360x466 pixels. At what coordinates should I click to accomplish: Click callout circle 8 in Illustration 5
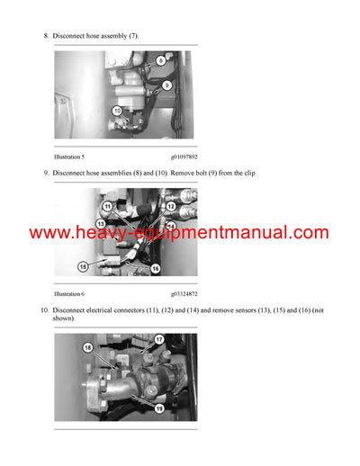tap(160, 61)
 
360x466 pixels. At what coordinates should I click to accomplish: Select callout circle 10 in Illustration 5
tap(116, 110)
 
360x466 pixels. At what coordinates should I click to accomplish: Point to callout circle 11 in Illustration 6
tap(107, 206)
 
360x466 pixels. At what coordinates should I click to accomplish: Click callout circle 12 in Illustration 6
tap(169, 206)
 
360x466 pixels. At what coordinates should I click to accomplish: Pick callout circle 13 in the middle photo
tap(101, 222)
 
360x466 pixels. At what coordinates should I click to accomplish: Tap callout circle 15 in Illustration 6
tap(83, 266)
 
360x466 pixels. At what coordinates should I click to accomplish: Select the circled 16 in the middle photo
tap(155, 267)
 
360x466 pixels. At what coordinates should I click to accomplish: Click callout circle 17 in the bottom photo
tap(158, 340)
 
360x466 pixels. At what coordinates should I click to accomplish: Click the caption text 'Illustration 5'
tap(69, 157)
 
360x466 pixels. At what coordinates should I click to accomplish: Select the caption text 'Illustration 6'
tap(69, 293)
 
